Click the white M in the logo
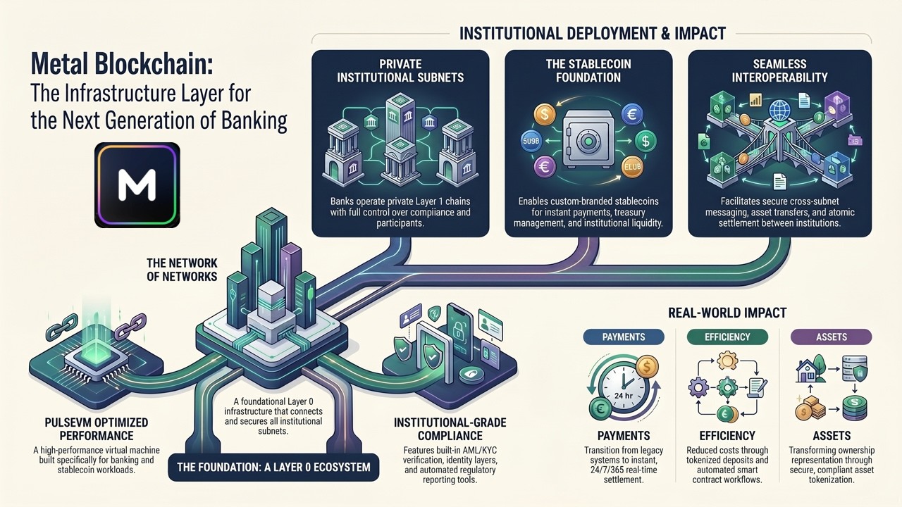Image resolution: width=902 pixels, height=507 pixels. pyautogui.click(x=137, y=184)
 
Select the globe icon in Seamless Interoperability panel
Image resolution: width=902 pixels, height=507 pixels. pyautogui.click(x=780, y=108)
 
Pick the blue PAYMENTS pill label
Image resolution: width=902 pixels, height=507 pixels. pyautogui.click(x=624, y=337)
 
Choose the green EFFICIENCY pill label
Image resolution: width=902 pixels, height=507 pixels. pyautogui.click(x=727, y=337)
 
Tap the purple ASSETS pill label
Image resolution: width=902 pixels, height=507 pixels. pyautogui.click(x=831, y=337)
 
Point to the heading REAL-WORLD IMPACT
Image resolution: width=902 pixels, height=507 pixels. pyautogui.click(x=727, y=313)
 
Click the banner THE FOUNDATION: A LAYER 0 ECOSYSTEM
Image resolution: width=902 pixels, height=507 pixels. pyautogui.click(x=273, y=467)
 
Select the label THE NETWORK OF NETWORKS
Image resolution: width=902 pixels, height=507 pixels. pyautogui.click(x=182, y=270)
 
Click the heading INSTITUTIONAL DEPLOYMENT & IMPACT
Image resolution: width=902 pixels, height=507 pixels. pyautogui.click(x=593, y=33)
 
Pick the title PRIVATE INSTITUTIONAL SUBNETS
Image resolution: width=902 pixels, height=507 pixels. pyautogui.click(x=400, y=70)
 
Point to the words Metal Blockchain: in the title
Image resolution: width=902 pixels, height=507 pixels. pyautogui.click(x=122, y=63)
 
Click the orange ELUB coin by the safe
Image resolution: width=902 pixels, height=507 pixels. pyautogui.click(x=632, y=167)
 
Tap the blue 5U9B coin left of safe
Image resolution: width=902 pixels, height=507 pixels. pyautogui.click(x=532, y=142)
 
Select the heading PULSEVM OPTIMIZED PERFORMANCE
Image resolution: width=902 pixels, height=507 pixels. pyautogui.click(x=97, y=429)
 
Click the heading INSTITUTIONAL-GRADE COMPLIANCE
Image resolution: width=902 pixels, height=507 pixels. pyautogui.click(x=450, y=429)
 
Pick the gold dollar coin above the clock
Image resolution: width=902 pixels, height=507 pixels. pyautogui.click(x=647, y=367)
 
